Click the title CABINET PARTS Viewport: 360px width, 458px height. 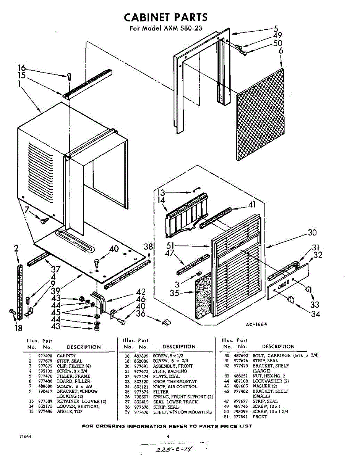pos(166,17)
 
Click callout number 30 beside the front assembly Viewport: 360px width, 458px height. pos(312,232)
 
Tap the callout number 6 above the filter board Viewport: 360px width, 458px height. pos(281,51)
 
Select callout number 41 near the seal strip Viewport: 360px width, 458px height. pos(251,204)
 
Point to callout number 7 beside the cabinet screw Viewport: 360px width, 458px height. pos(27,210)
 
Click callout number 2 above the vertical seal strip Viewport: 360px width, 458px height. pos(16,249)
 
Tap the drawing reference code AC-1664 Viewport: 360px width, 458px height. pos(256,324)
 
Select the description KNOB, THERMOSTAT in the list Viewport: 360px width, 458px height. pos(175,381)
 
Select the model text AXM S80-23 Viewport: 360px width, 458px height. pos(183,28)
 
